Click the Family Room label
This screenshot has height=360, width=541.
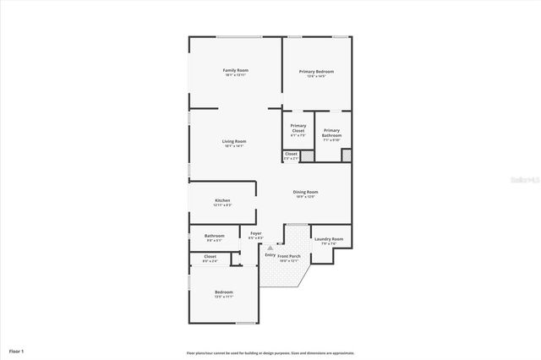[234, 69]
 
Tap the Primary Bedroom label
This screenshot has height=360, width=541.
[316, 72]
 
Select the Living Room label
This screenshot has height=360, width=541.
[234, 141]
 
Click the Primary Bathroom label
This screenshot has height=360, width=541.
[331, 133]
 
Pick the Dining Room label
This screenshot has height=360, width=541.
[305, 192]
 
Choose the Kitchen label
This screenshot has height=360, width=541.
[222, 200]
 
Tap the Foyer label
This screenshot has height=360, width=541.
[255, 233]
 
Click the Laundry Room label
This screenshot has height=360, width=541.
[328, 239]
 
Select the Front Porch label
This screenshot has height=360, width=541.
[288, 255]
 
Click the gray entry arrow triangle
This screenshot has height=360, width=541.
[270, 248]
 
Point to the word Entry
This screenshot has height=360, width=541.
[270, 254]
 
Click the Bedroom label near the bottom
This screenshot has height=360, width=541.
[223, 292]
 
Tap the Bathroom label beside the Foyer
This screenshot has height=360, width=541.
[214, 236]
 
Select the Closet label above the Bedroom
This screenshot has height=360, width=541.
[210, 256]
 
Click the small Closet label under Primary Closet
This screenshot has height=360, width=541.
[290, 153]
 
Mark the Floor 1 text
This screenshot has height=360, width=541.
[17, 350]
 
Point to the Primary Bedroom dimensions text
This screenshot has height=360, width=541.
[316, 77]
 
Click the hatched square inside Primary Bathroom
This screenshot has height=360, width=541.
[346, 155]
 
